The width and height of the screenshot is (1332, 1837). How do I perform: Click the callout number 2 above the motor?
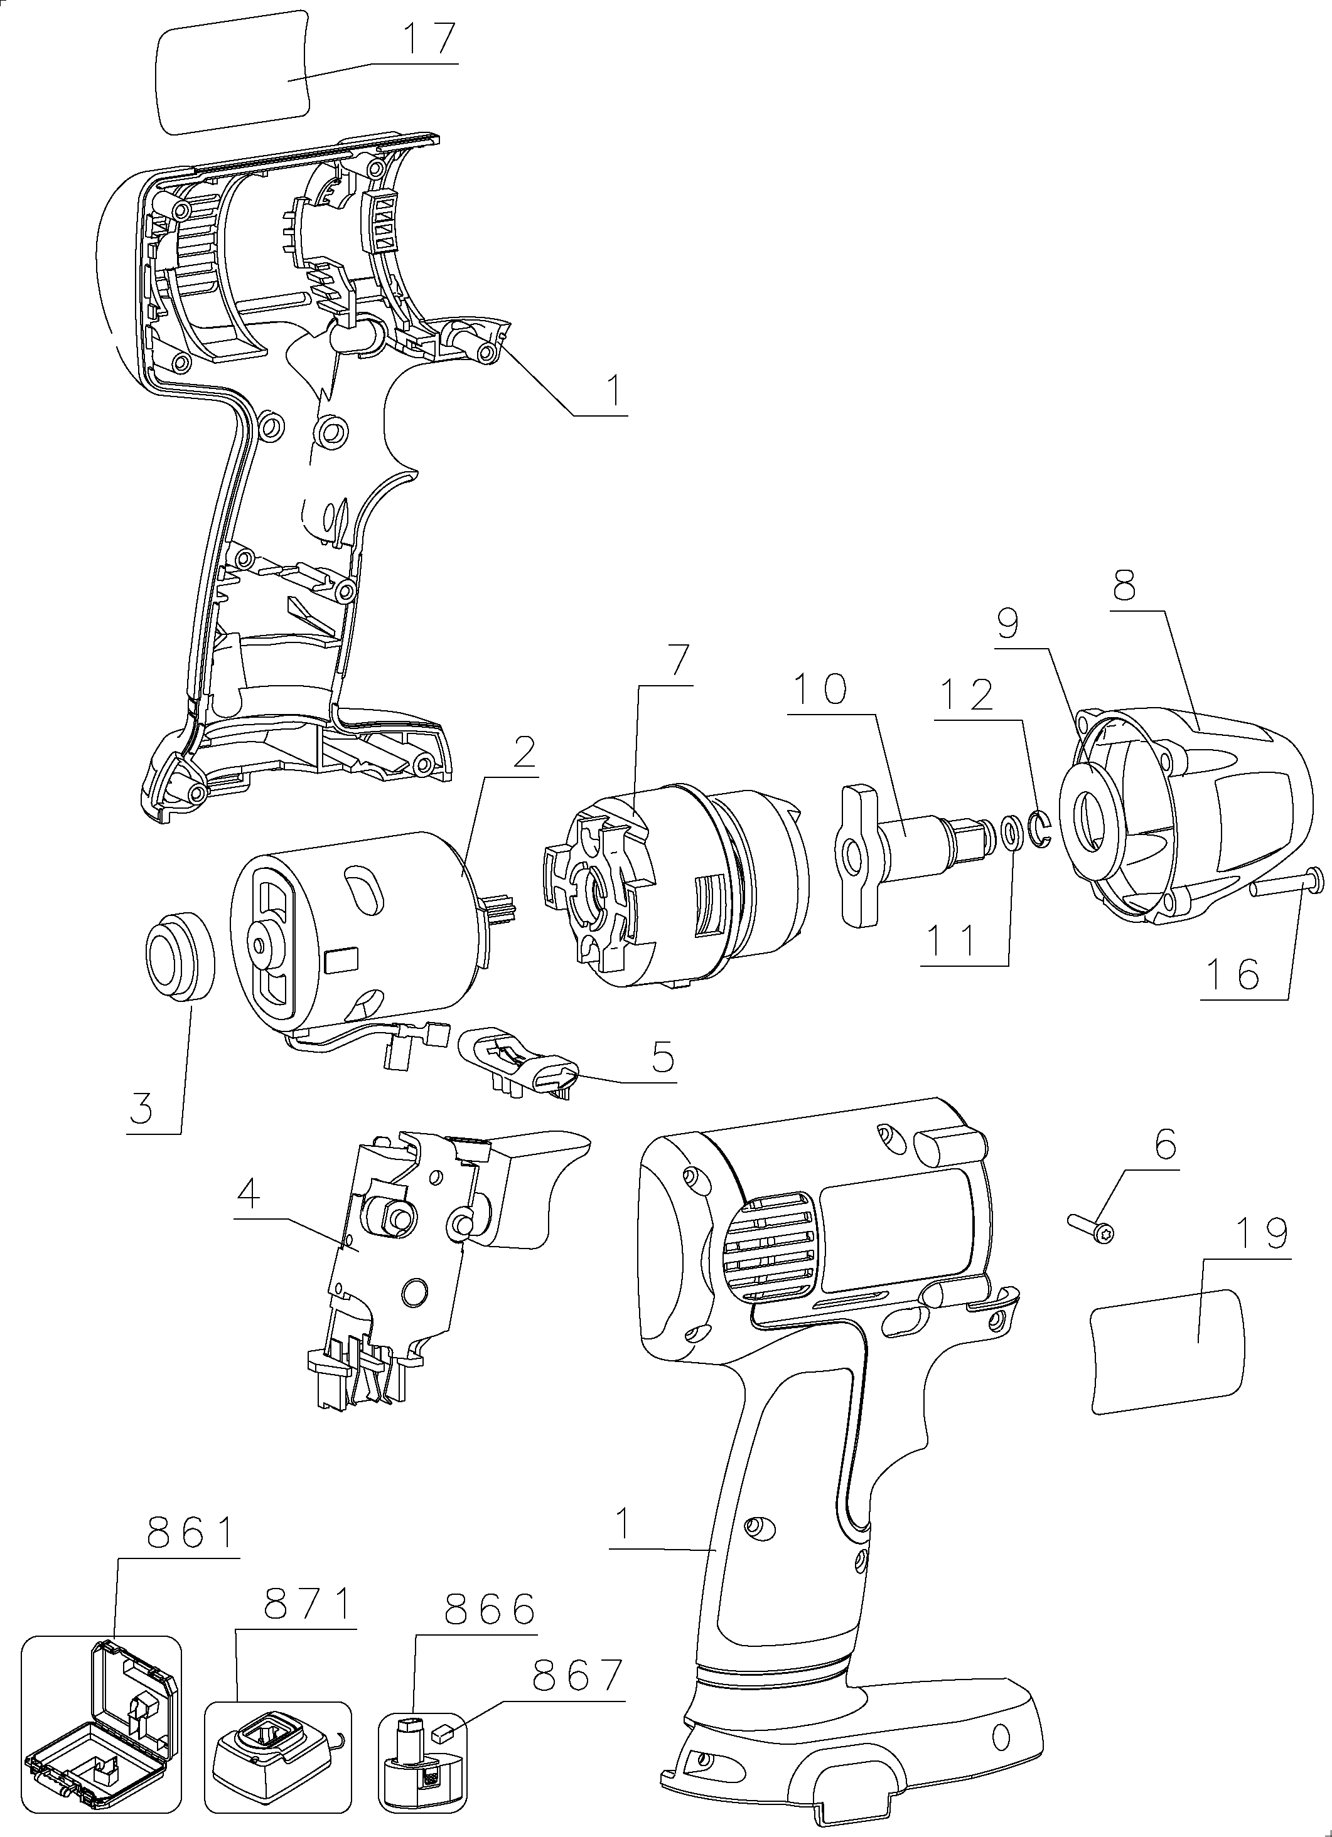click(x=524, y=754)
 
